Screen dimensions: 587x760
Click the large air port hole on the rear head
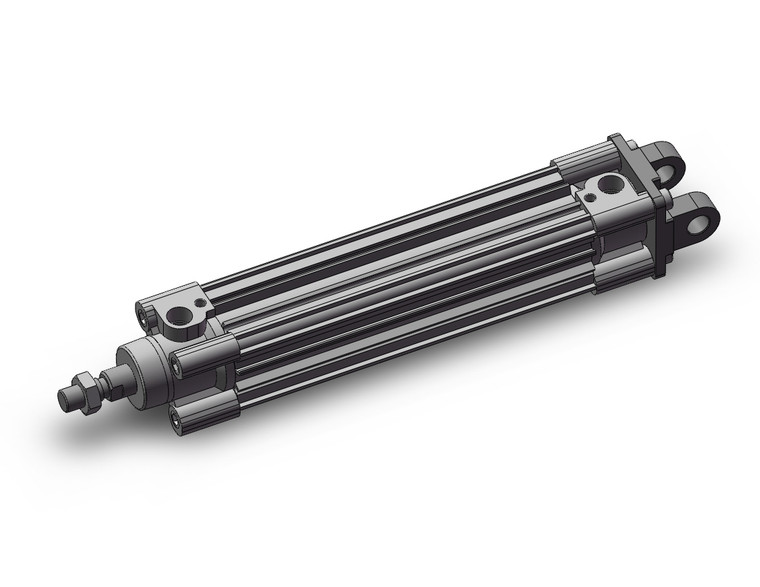(x=608, y=187)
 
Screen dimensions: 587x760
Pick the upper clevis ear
(x=669, y=157)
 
